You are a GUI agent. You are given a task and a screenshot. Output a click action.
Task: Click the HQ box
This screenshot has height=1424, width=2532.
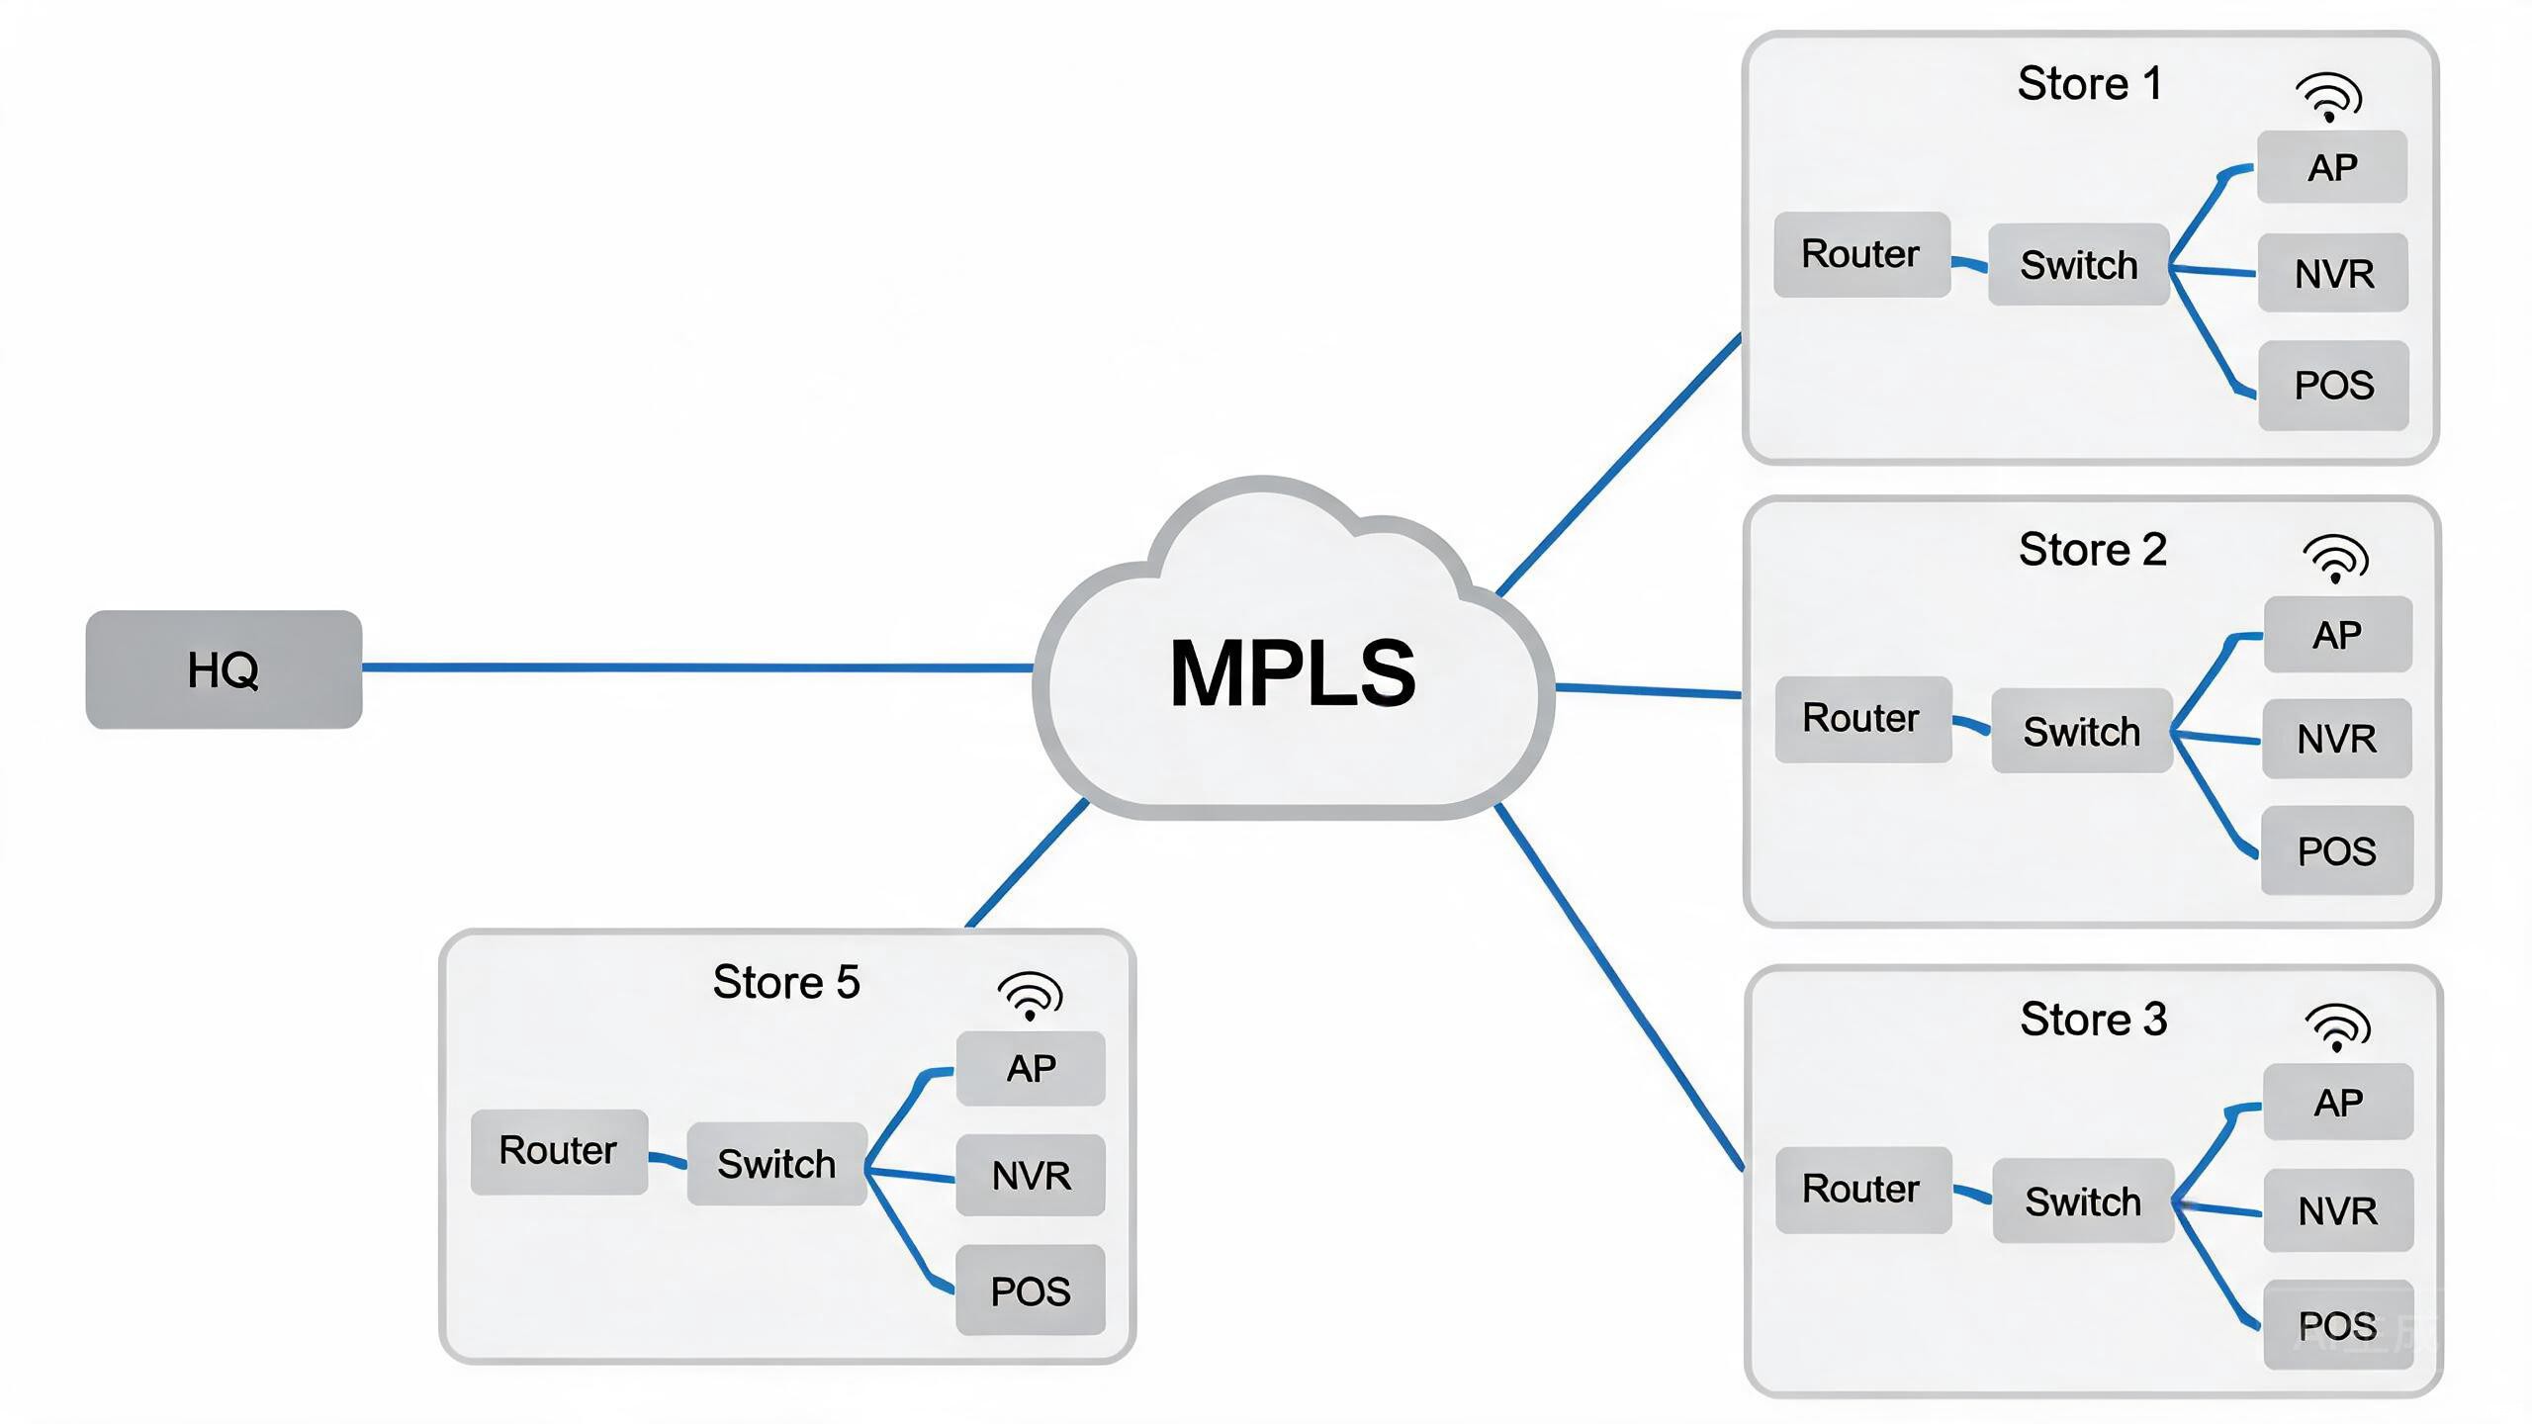[x=224, y=669]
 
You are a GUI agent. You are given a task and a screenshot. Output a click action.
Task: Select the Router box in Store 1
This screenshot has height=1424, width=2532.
[x=1861, y=254]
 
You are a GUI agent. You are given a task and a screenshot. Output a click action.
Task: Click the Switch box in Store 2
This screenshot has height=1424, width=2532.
[x=2082, y=731]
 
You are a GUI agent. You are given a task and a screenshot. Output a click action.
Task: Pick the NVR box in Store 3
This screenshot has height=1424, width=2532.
[x=2338, y=1210]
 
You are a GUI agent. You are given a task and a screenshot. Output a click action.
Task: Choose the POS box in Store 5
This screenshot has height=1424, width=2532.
[x=1031, y=1290]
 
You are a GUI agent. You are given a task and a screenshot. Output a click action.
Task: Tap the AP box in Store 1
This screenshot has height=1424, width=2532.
[x=2332, y=167]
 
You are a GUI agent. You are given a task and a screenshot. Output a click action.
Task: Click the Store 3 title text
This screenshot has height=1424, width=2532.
[x=2094, y=1019]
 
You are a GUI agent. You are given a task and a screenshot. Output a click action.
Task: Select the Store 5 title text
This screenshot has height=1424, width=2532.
[x=786, y=982]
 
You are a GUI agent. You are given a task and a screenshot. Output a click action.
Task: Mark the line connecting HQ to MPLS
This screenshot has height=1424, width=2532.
[x=697, y=667]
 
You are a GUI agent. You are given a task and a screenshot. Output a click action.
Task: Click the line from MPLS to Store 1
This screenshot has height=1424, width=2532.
[x=1620, y=465]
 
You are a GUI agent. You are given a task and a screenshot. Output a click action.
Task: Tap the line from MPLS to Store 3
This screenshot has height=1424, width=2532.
[x=1620, y=987]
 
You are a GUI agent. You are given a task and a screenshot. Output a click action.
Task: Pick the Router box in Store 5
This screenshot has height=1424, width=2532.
[x=559, y=1151]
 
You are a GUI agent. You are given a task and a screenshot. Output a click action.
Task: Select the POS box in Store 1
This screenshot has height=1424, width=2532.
[x=2334, y=385]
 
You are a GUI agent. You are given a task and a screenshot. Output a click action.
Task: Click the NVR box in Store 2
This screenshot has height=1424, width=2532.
[x=2336, y=738]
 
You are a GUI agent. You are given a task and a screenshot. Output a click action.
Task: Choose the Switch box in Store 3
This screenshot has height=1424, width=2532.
[x=2083, y=1201]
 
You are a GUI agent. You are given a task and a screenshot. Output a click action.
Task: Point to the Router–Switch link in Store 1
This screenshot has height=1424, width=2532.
[x=1969, y=264]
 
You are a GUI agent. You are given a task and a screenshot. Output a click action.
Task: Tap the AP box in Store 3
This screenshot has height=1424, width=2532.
[x=2338, y=1102]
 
